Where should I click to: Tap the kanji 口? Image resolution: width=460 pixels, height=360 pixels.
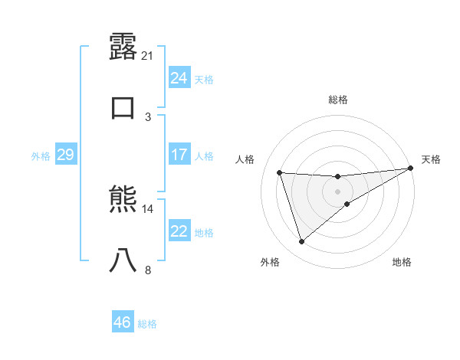pyautogui.click(x=123, y=106)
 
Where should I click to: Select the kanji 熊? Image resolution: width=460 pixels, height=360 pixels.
pyautogui.click(x=123, y=200)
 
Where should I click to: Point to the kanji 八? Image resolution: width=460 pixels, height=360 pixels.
pyautogui.click(x=123, y=260)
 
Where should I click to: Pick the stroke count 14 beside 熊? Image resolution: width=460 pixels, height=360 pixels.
pyautogui.click(x=149, y=208)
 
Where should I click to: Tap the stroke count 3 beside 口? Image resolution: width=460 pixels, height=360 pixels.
pyautogui.click(x=148, y=116)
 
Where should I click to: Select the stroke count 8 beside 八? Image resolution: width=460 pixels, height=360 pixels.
pyautogui.click(x=148, y=270)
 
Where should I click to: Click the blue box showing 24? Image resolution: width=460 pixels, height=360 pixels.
pyautogui.click(x=179, y=78)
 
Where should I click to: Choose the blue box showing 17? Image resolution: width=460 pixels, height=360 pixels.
pyautogui.click(x=179, y=155)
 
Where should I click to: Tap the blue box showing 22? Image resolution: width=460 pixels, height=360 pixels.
pyautogui.click(x=179, y=231)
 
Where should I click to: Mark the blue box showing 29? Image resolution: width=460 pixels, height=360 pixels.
pyautogui.click(x=65, y=155)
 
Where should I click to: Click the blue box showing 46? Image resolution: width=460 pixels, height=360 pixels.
pyautogui.click(x=122, y=322)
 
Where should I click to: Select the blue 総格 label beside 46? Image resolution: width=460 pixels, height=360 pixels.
pyautogui.click(x=147, y=324)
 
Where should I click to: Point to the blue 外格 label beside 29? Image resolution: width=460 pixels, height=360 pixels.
pyautogui.click(x=41, y=156)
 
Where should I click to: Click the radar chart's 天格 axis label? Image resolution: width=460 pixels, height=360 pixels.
pyautogui.click(x=431, y=159)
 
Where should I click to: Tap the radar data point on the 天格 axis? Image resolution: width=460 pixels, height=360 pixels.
pyautogui.click(x=410, y=169)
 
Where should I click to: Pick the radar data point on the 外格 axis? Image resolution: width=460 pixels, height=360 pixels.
pyautogui.click(x=301, y=241)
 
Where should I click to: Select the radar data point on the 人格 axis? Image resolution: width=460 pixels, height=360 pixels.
pyautogui.click(x=279, y=172)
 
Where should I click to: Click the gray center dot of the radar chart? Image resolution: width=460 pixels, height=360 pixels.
pyautogui.click(x=337, y=191)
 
